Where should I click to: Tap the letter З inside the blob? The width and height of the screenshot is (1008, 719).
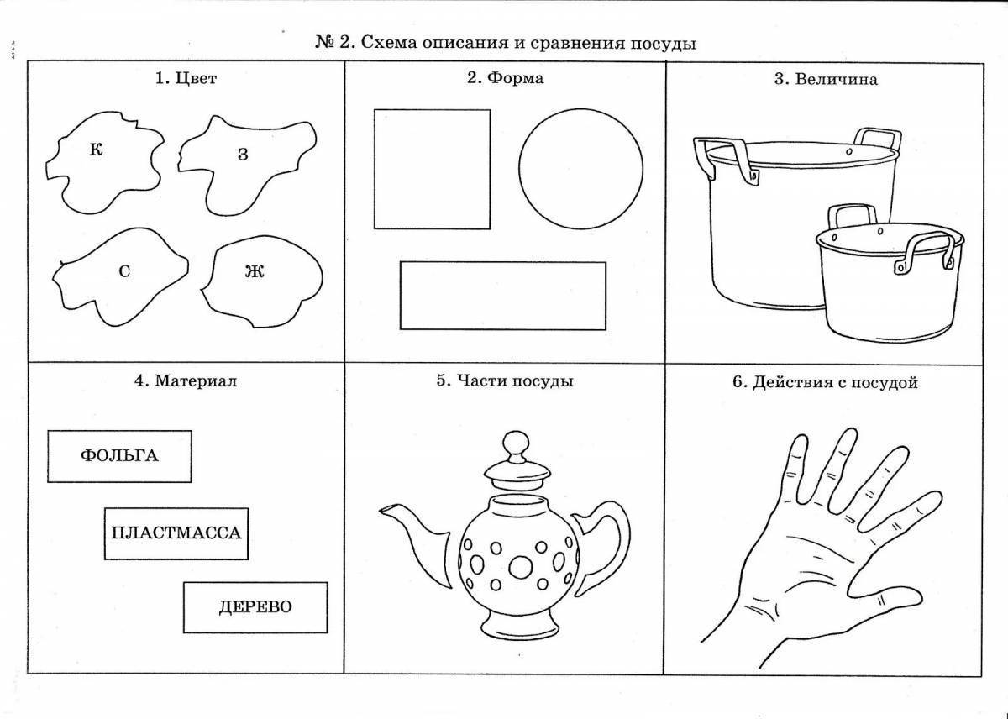243,155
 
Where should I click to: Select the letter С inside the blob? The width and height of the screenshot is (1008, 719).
123,272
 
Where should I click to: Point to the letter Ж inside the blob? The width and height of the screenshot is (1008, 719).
255,271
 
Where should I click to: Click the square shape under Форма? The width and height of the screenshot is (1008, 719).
432,169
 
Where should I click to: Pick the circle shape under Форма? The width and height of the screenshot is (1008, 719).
581,169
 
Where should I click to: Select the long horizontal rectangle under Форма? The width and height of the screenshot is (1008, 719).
502,296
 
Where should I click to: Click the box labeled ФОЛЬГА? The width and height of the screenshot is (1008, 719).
119,455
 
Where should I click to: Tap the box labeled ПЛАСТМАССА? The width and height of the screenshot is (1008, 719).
176,533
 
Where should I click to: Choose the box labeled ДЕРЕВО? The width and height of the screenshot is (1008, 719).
255,607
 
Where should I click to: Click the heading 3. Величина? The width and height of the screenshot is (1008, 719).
825,80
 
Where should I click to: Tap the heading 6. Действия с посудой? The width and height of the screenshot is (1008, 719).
825,382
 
